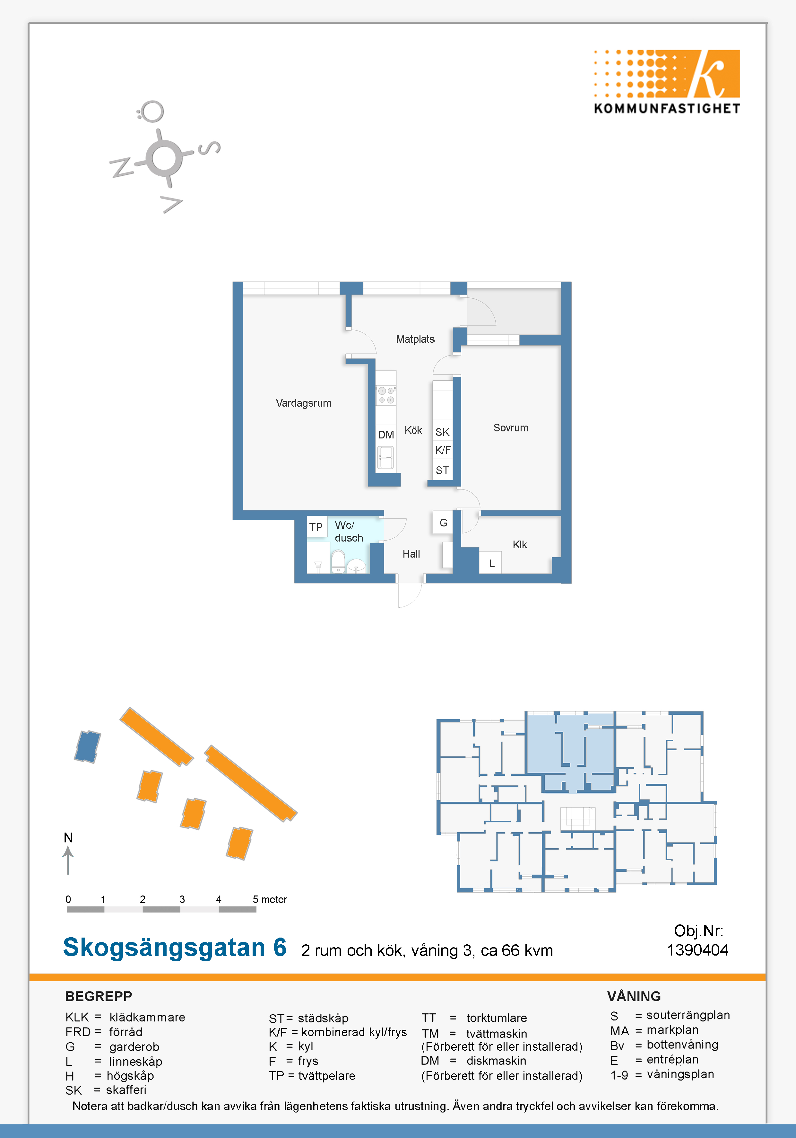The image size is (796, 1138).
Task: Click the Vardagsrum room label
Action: tap(303, 403)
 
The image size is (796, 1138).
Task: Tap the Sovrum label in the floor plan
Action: tap(511, 428)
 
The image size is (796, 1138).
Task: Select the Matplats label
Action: tap(415, 339)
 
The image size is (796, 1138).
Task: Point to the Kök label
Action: tap(413, 430)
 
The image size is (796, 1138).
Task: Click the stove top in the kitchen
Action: tap(386, 395)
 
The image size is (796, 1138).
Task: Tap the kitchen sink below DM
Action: tap(385, 457)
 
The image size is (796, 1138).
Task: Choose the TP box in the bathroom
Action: tap(316, 527)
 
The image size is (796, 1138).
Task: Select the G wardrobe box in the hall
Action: tap(443, 522)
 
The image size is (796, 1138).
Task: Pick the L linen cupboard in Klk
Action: tap(491, 563)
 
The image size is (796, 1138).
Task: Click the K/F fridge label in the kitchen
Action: tap(442, 450)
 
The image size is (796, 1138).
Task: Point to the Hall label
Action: tap(411, 554)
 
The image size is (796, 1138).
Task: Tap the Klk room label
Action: tap(520, 545)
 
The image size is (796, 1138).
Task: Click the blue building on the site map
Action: tap(87, 746)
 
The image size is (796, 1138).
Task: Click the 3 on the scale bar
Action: tap(182, 899)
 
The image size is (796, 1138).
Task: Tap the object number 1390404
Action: tap(697, 950)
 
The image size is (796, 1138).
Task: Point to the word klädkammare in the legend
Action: tap(147, 1017)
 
